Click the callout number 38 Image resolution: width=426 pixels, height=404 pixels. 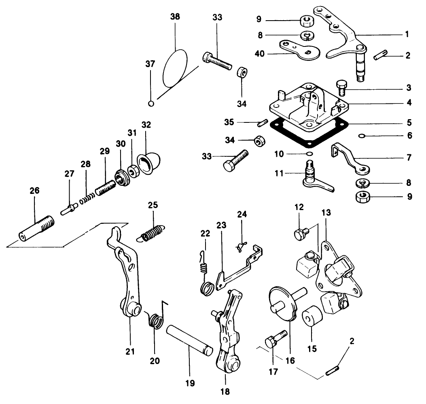click(x=175, y=17)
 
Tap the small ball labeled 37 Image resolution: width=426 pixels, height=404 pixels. click(x=151, y=103)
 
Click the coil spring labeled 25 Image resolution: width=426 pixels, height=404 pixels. click(x=150, y=233)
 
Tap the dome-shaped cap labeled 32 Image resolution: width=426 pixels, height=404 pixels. click(x=149, y=164)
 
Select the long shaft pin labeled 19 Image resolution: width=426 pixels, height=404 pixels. click(x=190, y=340)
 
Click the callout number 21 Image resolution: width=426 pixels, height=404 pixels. click(x=130, y=351)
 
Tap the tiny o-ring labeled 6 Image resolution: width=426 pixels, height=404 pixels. click(x=361, y=135)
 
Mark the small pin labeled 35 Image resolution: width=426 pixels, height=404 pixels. click(x=263, y=123)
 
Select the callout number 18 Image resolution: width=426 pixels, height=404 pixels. click(x=225, y=391)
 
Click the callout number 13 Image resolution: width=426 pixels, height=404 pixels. click(x=326, y=213)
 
